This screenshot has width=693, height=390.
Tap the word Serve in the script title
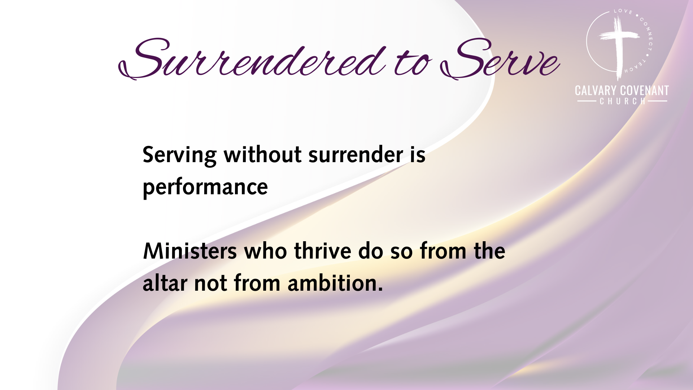[x=500, y=58]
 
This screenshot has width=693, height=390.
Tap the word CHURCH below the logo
[x=623, y=101]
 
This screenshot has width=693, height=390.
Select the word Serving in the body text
[x=179, y=156]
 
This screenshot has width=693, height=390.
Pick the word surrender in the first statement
[x=356, y=155]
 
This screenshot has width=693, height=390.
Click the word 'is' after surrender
[x=418, y=155]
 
